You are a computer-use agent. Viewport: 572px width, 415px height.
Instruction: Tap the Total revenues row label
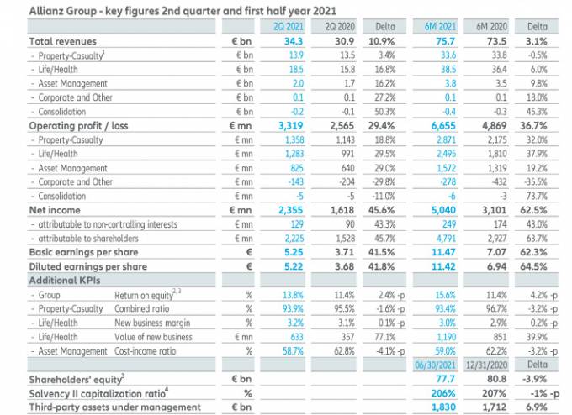click(63, 40)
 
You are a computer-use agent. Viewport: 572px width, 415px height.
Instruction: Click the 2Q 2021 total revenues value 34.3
click(293, 40)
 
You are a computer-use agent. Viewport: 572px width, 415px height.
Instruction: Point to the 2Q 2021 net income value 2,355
click(289, 210)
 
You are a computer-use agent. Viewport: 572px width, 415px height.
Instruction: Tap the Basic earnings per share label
click(82, 251)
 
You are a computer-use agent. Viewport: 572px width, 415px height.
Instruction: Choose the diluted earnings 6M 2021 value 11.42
click(442, 265)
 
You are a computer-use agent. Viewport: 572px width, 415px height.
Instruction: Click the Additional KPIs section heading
click(65, 280)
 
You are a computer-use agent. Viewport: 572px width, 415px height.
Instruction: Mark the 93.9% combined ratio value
click(292, 308)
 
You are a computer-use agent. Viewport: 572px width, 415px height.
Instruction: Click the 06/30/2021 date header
click(436, 365)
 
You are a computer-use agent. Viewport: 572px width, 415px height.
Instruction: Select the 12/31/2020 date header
click(488, 365)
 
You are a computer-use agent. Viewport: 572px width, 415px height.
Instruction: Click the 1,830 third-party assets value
click(442, 407)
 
